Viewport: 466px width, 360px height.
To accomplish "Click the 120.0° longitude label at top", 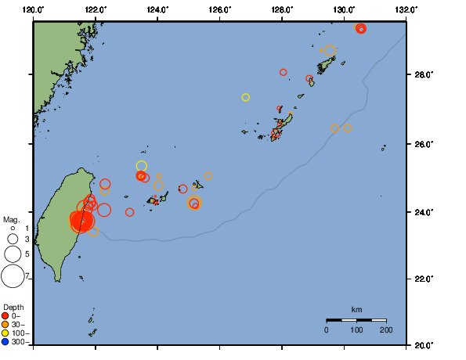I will (x=33, y=9).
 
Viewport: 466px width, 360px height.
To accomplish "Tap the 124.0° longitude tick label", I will (x=157, y=9).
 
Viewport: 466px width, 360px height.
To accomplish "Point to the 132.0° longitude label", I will (x=406, y=9).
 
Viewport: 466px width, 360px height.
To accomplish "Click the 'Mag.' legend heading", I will (x=12, y=220).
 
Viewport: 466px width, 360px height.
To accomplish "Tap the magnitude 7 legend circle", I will (x=13, y=275).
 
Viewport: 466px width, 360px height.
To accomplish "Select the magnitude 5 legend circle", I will (x=13, y=254).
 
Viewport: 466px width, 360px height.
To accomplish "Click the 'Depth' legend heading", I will (x=13, y=306).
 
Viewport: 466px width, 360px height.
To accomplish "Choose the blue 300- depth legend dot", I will (x=5, y=342).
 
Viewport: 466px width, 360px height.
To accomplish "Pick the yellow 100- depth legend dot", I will (x=5, y=333).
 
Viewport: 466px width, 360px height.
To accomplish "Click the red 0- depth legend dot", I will (x=5, y=315).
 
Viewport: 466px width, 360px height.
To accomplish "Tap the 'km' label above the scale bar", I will (x=356, y=309).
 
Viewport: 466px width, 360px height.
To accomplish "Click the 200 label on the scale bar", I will (x=386, y=330).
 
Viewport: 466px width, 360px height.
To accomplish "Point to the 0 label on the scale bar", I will (x=327, y=330).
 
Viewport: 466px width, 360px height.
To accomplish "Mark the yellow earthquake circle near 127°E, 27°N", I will (x=245, y=97).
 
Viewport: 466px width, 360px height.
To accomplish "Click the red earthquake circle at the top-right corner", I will (x=360, y=28).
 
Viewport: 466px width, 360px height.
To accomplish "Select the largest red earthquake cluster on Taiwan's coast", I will (x=81, y=222).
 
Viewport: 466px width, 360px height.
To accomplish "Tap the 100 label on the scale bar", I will (x=356, y=330).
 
